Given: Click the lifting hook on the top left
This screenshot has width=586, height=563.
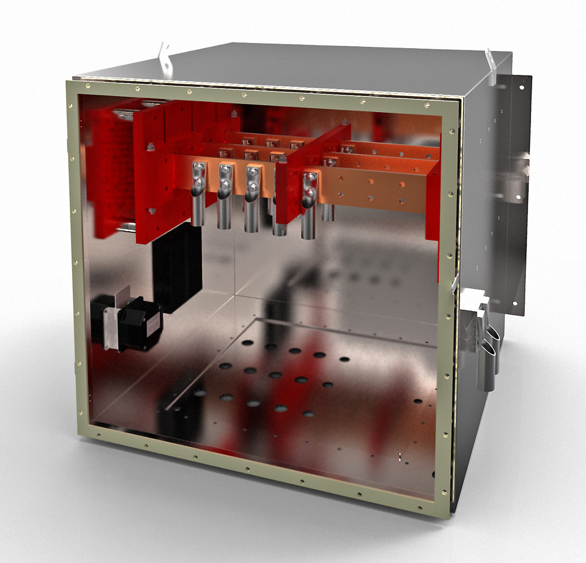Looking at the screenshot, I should click(165, 60).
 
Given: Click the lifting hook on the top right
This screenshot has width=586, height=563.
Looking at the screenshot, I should click(490, 66).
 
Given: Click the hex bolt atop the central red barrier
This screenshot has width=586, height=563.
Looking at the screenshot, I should click(345, 122).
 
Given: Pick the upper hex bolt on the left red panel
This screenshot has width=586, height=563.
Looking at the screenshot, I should click(151, 147).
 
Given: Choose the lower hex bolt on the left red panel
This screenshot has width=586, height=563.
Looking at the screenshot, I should click(151, 211).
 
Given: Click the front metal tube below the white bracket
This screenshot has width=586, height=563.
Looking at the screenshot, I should click(486, 366).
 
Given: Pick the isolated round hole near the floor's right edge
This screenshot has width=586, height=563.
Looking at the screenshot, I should click(418, 401).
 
